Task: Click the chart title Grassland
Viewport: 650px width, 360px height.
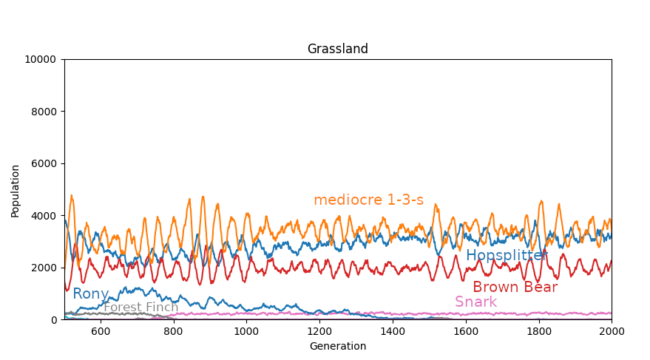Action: coord(337,50)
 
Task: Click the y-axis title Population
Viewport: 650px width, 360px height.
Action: coord(16,190)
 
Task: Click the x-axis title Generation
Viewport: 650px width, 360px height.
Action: coord(337,346)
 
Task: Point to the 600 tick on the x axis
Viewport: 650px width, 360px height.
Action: coord(101,332)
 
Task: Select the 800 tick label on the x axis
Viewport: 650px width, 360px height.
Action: coord(174,332)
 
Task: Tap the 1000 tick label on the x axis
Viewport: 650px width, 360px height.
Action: coord(246,332)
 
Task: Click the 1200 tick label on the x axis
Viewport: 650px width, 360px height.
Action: coord(319,332)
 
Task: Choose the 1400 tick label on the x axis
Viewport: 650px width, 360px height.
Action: coord(393,332)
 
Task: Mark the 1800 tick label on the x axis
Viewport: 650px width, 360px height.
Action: coord(538,332)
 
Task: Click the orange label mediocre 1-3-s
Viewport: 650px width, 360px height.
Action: coord(368,200)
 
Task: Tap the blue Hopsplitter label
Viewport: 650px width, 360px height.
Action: coord(507,256)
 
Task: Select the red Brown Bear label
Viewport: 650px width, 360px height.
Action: coord(515,288)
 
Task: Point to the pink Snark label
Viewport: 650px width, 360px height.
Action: coord(475,302)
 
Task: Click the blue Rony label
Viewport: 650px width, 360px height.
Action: coord(90,294)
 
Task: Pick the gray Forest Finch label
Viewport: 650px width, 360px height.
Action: coord(141,308)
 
